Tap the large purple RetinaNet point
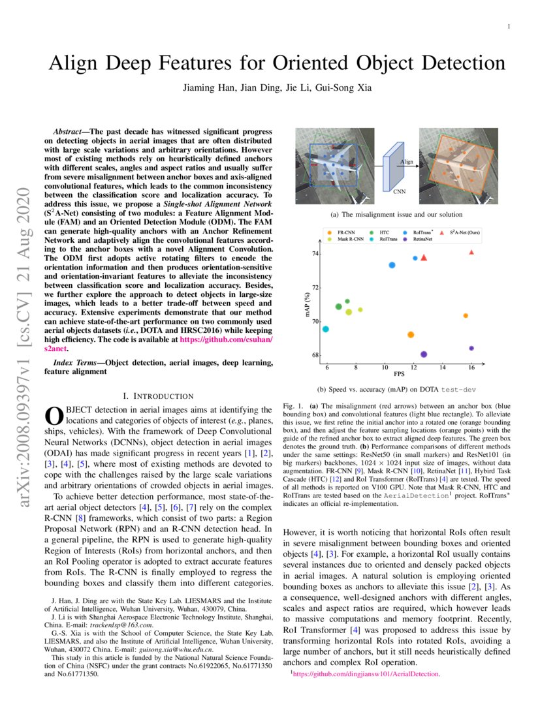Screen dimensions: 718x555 (424, 354)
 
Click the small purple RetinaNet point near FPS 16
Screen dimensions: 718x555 (471, 348)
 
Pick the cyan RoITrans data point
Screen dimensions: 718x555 (325, 329)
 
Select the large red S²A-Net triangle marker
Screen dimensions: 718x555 (424, 258)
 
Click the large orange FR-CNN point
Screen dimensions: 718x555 (411, 335)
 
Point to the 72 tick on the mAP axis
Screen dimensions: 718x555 (316, 287)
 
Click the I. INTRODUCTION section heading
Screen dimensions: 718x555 (158, 396)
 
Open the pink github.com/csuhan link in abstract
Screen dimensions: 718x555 (225, 340)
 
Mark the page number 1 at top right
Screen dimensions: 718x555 (507, 27)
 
